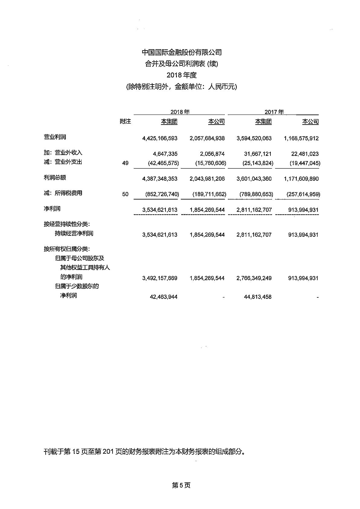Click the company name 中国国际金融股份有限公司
(182, 52)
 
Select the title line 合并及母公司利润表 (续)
(182, 64)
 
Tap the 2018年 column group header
(180, 112)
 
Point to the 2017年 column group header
(274, 112)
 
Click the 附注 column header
(125, 122)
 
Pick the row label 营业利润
(55, 137)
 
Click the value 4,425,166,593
(160, 138)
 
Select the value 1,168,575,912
(301, 138)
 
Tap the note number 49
(125, 163)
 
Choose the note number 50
(125, 194)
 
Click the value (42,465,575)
(163, 163)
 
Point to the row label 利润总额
(55, 177)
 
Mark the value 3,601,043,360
(254, 179)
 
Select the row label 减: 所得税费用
(63, 193)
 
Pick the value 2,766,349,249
(254, 278)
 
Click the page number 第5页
(181, 485)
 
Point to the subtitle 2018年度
(182, 75)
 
